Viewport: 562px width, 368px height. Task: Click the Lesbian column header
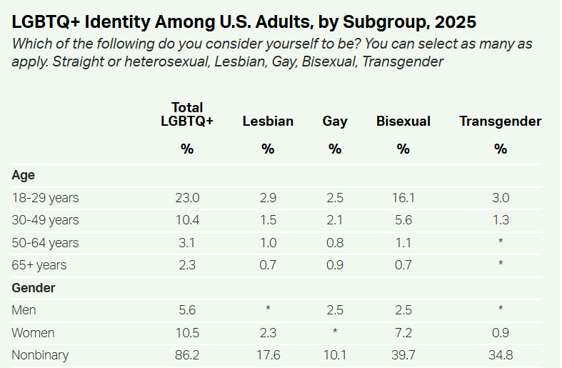click(268, 121)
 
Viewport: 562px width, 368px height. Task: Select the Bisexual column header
click(403, 121)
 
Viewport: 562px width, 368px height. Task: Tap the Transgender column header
click(500, 121)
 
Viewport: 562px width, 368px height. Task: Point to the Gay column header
click(335, 121)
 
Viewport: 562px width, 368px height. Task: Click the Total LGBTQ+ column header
click(187, 114)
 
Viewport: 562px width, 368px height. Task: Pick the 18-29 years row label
click(45, 197)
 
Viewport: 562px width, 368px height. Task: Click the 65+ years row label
click(39, 265)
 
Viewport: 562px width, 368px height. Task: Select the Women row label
click(34, 333)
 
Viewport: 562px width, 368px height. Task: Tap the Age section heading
click(23, 175)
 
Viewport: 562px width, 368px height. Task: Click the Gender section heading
click(34, 288)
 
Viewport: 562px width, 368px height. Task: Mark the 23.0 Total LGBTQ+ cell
click(187, 197)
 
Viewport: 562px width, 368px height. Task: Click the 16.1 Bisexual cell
click(403, 197)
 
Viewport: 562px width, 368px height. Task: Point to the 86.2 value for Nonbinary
click(187, 355)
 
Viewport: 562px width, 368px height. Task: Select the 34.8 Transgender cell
click(500, 355)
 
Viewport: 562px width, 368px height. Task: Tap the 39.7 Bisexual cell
click(403, 355)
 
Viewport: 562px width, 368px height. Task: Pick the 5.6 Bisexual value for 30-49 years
click(403, 220)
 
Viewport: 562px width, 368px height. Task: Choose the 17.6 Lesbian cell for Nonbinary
click(268, 355)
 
